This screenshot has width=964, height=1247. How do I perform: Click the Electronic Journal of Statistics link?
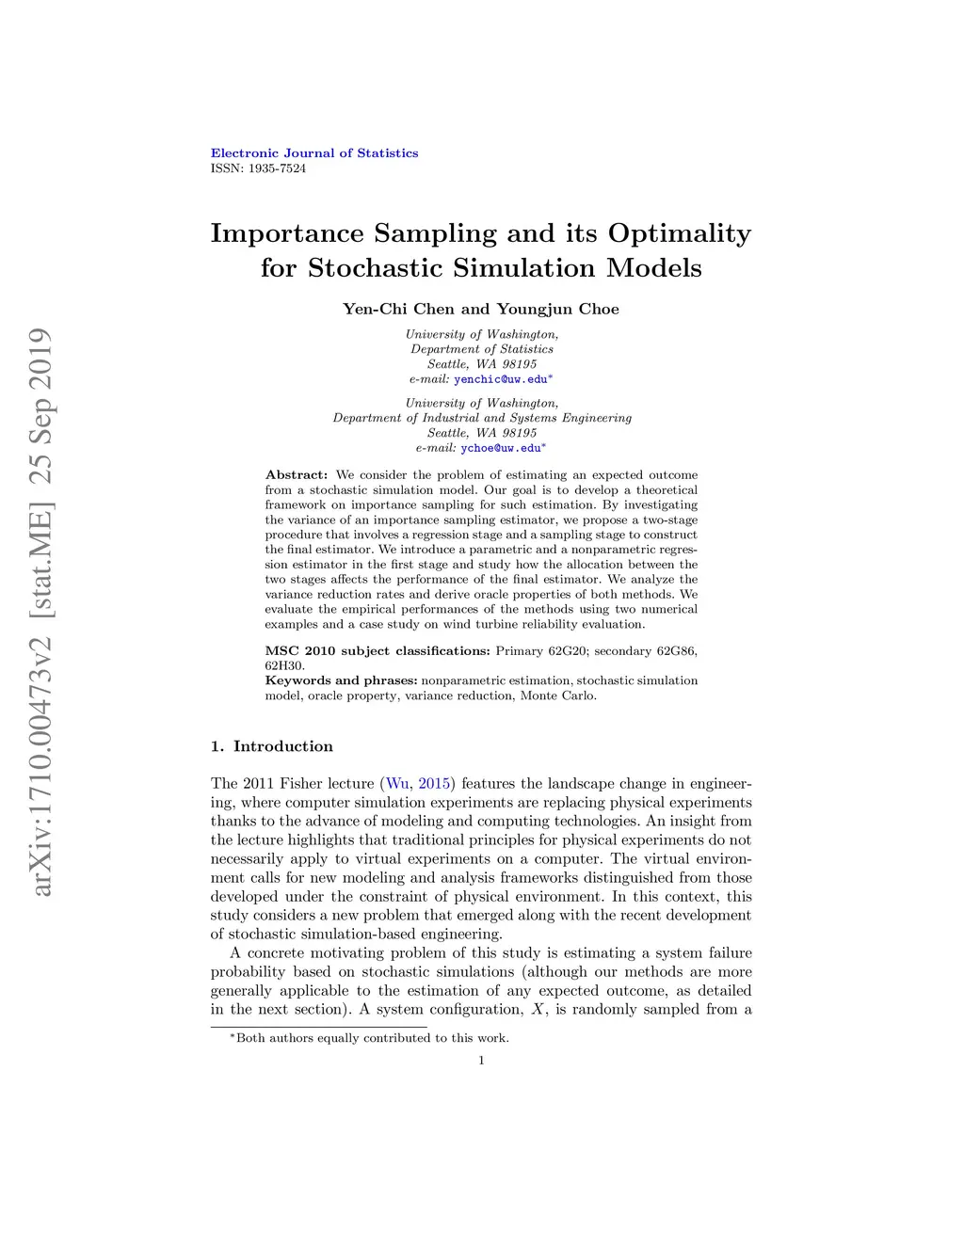[x=314, y=153]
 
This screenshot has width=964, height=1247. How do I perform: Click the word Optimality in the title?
[x=679, y=233]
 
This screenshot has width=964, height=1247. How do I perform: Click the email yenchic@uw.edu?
[x=500, y=379]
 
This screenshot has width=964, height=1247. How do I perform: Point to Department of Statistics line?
[x=482, y=349]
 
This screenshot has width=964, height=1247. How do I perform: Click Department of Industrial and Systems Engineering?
[x=482, y=418]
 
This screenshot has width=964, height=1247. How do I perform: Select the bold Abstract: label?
[x=297, y=475]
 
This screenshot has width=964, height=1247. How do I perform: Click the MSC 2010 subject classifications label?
[x=378, y=650]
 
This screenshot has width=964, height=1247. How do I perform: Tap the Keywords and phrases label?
[x=341, y=680]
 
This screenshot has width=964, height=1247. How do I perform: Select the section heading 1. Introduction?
[x=272, y=746]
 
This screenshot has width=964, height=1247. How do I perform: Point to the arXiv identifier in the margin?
[x=40, y=612]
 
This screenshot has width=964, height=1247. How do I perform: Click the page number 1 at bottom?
[x=481, y=1061]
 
